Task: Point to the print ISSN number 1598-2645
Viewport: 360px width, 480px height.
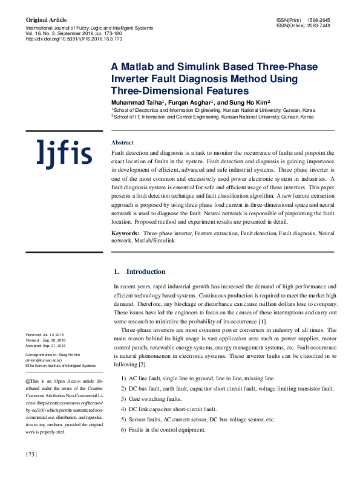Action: (319, 20)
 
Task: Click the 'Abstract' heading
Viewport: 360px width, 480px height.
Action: (123, 143)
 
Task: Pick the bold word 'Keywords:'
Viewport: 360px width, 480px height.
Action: (127, 233)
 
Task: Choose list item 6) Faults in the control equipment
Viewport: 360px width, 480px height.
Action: (163, 429)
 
